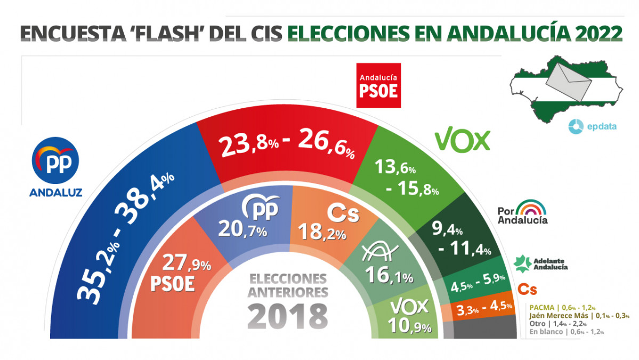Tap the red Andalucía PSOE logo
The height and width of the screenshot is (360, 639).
pyautogui.click(x=378, y=85)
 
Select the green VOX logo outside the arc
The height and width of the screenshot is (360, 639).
pyautogui.click(x=462, y=140)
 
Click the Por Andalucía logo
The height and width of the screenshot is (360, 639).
pyautogui.click(x=522, y=212)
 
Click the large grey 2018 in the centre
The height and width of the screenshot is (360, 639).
pyautogui.click(x=288, y=316)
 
